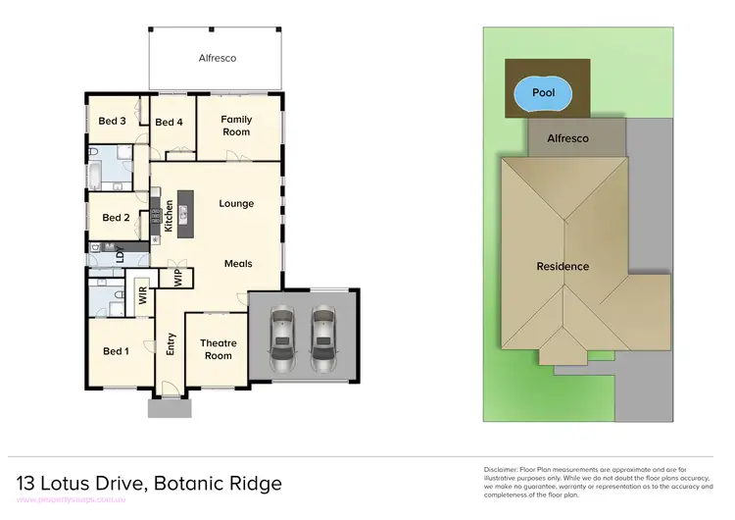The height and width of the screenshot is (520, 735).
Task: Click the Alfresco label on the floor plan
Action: [217, 58]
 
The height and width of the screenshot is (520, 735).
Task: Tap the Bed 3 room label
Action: [113, 122]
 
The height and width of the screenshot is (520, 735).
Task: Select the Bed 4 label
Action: [170, 122]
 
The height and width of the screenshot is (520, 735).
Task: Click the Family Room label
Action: [236, 126]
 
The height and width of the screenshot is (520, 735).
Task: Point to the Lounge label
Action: [236, 204]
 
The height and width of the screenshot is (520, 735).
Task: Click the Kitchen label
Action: [169, 215]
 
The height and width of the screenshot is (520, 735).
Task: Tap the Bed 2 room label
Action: [116, 218]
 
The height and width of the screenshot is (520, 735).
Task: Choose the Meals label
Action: [238, 264]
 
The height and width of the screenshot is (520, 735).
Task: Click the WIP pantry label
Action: [177, 277]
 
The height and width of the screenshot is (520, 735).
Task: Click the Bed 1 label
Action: [116, 351]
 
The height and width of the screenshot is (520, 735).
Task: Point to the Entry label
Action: [171, 343]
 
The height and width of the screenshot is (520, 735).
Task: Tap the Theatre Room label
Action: [219, 349]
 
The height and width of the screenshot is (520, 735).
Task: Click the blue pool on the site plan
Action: [543, 93]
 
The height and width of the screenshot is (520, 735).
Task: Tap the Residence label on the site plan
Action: [563, 267]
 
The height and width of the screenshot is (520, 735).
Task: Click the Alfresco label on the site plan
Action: [567, 138]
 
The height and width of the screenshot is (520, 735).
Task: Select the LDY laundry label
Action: [120, 256]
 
